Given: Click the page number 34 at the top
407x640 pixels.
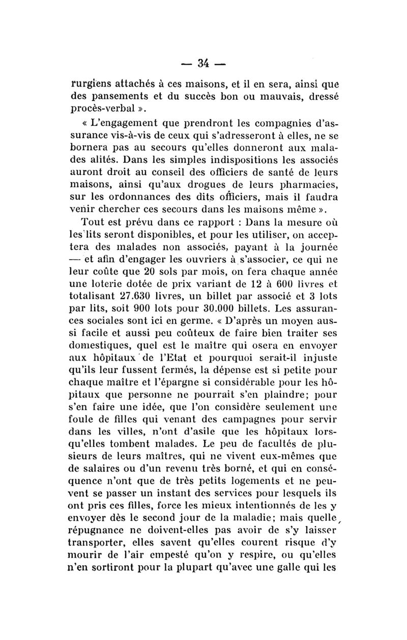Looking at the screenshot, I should point(204,64).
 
